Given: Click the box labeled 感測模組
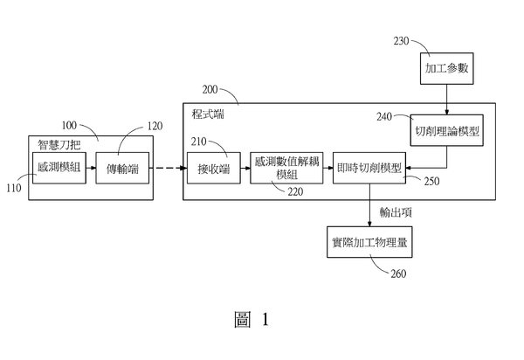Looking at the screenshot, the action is [59, 168].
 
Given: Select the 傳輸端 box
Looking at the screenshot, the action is [122, 168].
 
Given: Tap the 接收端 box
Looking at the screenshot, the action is [214, 168].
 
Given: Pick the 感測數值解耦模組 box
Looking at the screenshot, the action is [286, 168].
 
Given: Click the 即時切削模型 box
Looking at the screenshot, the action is [369, 168].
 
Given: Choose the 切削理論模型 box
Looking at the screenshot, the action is [447, 130].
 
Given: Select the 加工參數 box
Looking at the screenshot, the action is [447, 68].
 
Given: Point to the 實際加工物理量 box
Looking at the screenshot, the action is [369, 242].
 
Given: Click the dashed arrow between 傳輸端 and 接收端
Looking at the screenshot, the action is [168, 168].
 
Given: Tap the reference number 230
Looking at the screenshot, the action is [401, 41].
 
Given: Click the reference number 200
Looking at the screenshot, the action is [210, 90].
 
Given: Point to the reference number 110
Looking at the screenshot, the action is [14, 188].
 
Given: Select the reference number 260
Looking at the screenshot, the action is [398, 273].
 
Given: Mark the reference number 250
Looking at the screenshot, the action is [431, 181].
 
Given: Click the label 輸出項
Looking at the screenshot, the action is [396, 212].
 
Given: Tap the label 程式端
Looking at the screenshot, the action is [208, 114].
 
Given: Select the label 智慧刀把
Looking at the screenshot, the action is [59, 145].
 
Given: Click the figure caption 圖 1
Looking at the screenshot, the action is [252, 319].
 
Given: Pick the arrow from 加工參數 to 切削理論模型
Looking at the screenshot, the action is [447, 100].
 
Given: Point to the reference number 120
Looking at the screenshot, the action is [155, 126].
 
